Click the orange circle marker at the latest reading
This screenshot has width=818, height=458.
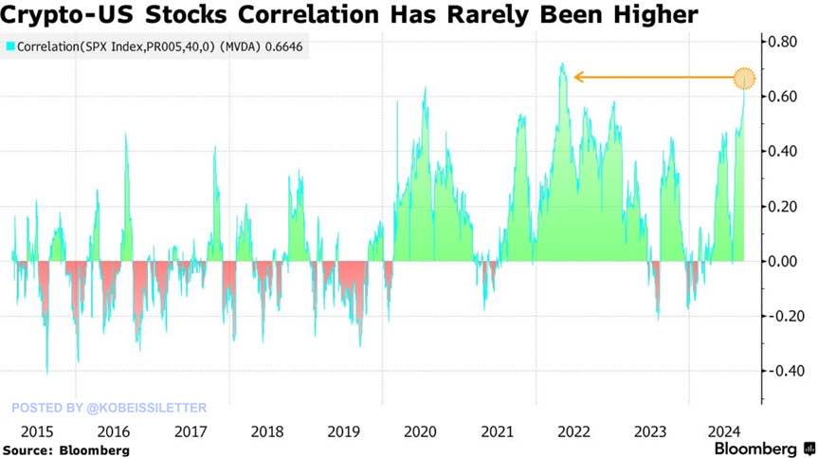click(x=744, y=78)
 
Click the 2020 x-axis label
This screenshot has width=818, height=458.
click(x=420, y=431)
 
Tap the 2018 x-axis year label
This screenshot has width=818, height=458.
click(x=265, y=431)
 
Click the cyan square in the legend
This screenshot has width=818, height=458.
click(x=9, y=46)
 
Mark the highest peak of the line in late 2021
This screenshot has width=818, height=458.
click(x=562, y=64)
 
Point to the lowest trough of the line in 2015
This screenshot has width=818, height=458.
click(x=47, y=373)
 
